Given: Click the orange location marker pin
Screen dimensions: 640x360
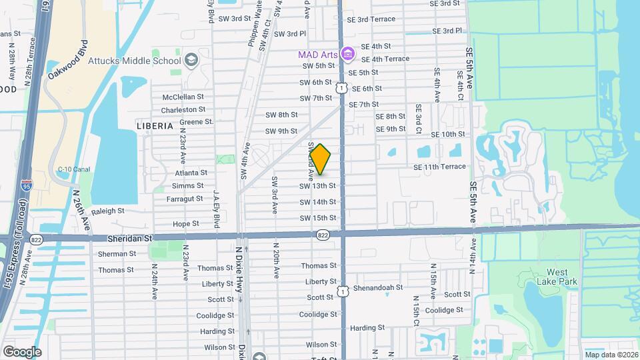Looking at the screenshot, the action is pos(321,159).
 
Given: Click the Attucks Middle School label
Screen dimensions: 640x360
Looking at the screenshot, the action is pos(139,61).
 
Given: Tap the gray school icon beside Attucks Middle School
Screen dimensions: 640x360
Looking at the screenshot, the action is pos(192,61).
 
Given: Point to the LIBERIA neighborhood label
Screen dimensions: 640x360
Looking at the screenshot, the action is pos(155,125).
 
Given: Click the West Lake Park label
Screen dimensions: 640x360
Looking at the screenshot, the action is pos(557,277).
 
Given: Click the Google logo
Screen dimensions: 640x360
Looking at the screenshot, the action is pos(22,351).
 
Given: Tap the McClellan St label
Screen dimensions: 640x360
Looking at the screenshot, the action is pos(183,97).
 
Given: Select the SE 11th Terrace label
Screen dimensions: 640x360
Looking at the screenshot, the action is pos(439,167).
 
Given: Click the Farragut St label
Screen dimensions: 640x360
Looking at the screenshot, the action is pos(184,199).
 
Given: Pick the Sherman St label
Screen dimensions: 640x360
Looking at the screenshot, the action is pos(117,254).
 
